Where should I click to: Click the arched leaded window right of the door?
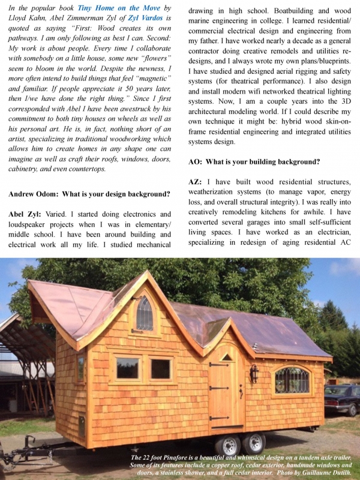(292, 380)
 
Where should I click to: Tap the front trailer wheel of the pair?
(229, 445)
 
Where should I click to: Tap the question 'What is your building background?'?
(260, 161)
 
